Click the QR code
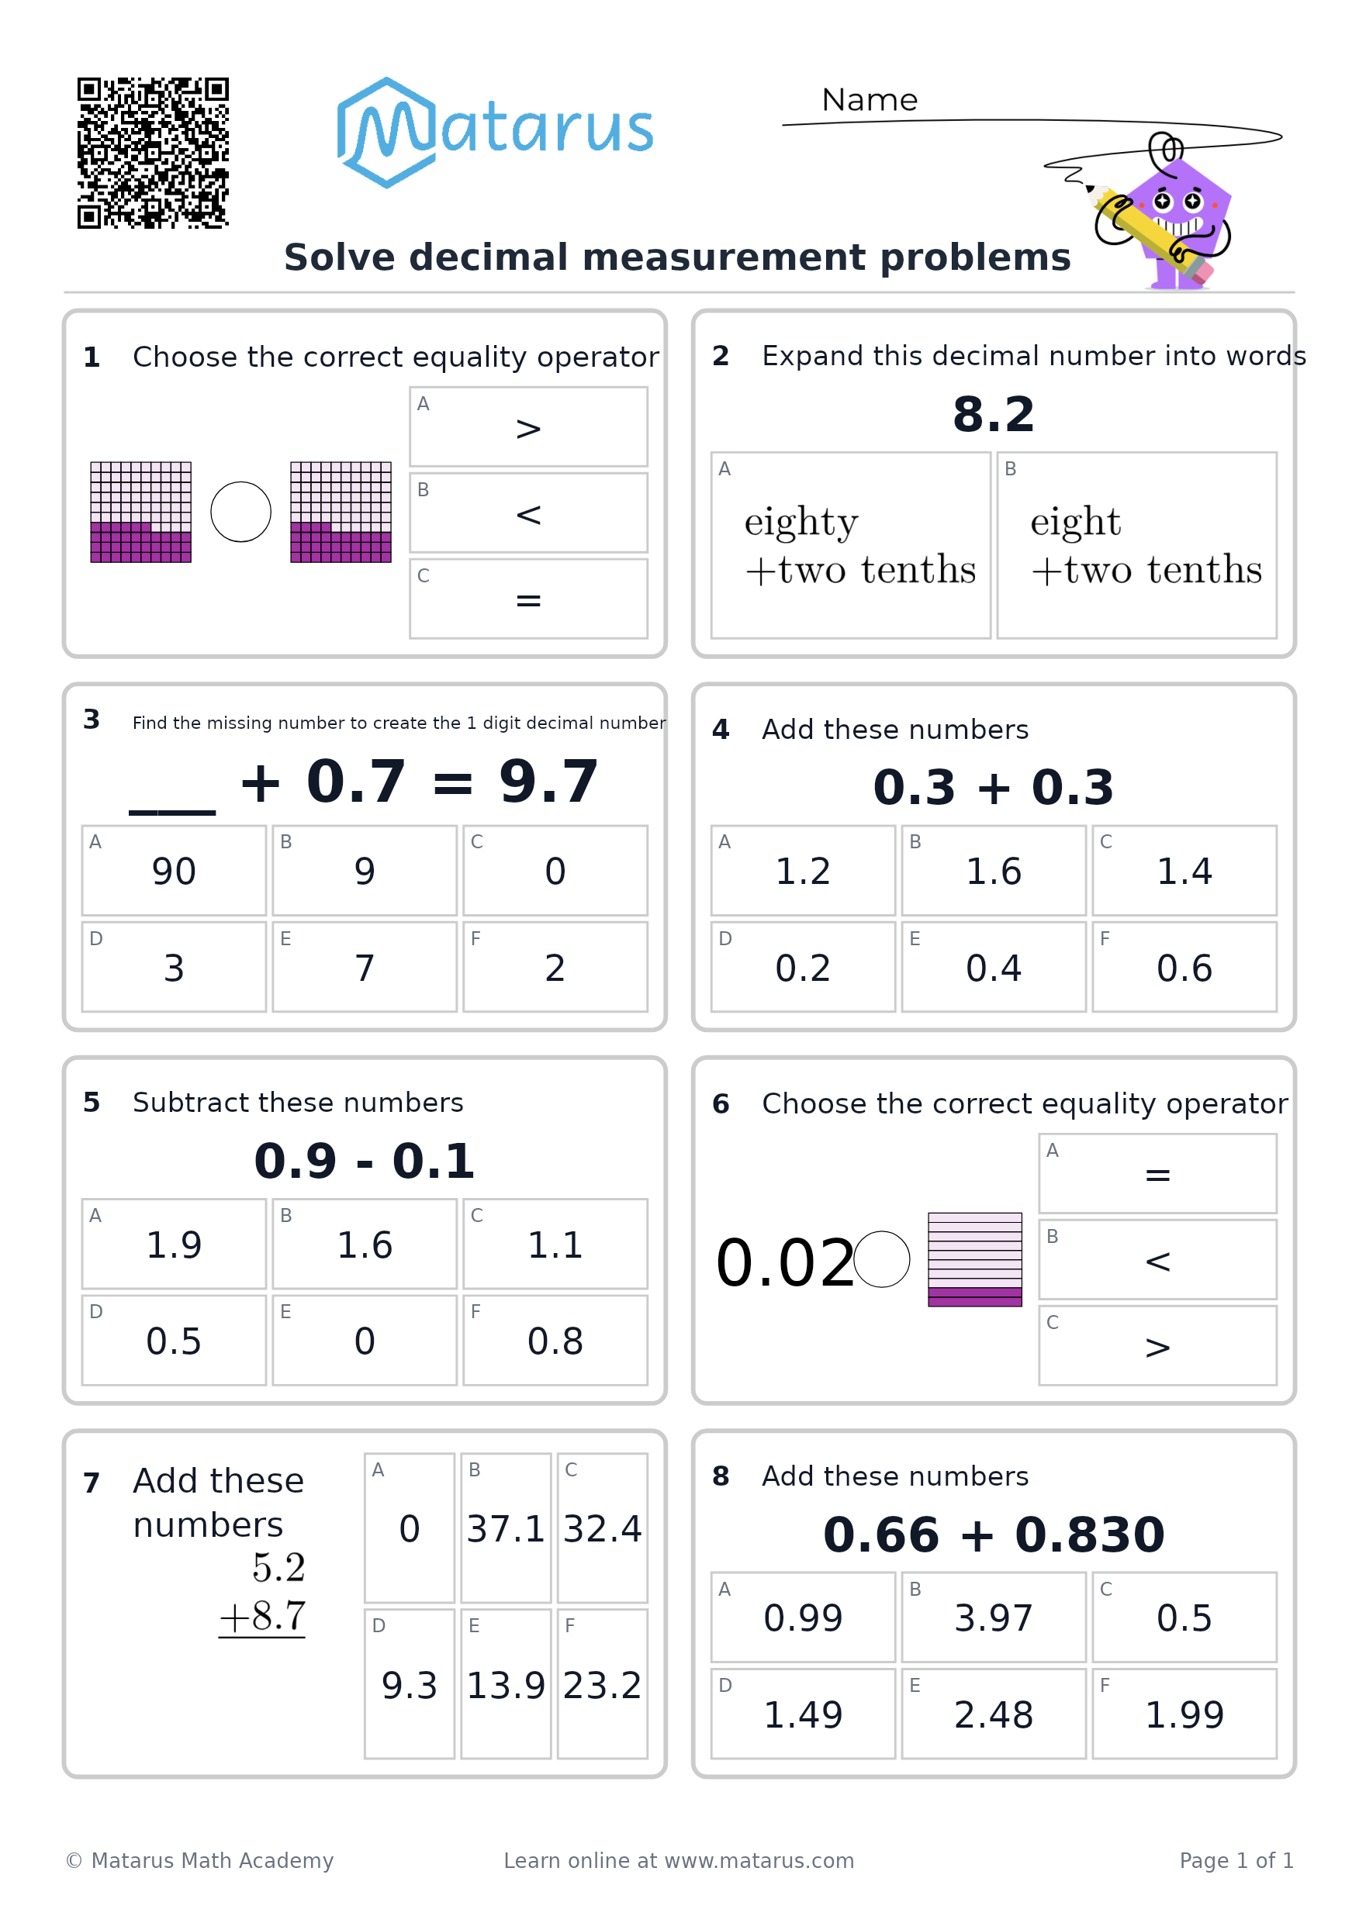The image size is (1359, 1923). (153, 153)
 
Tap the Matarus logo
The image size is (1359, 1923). (494, 133)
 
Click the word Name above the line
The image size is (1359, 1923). (869, 100)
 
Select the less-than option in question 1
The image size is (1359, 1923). (527, 513)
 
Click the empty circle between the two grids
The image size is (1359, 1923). (240, 512)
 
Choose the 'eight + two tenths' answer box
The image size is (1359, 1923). (1136, 545)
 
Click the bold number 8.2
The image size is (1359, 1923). (994, 414)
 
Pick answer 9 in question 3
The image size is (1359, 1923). (365, 870)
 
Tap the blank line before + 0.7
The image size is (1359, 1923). (173, 812)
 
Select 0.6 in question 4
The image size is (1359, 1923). (1184, 968)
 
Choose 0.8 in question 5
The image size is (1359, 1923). (555, 1341)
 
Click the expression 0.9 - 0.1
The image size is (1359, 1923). (365, 1161)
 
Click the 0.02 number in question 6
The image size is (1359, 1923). (784, 1262)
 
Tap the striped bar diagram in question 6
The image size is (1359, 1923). (974, 1258)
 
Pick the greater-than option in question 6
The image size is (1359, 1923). (1157, 1346)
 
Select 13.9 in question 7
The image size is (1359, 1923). (505, 1684)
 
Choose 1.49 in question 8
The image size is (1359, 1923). (803, 1714)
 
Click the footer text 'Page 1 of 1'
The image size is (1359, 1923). (1236, 1860)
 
